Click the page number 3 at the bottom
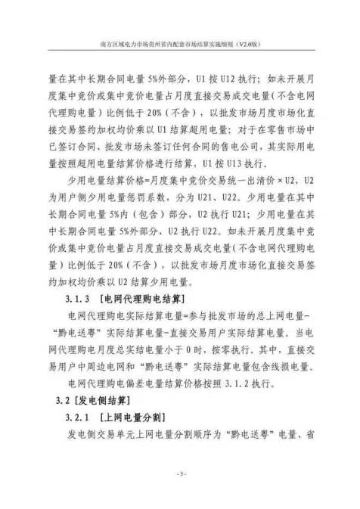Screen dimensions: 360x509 [x=180, y=473]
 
